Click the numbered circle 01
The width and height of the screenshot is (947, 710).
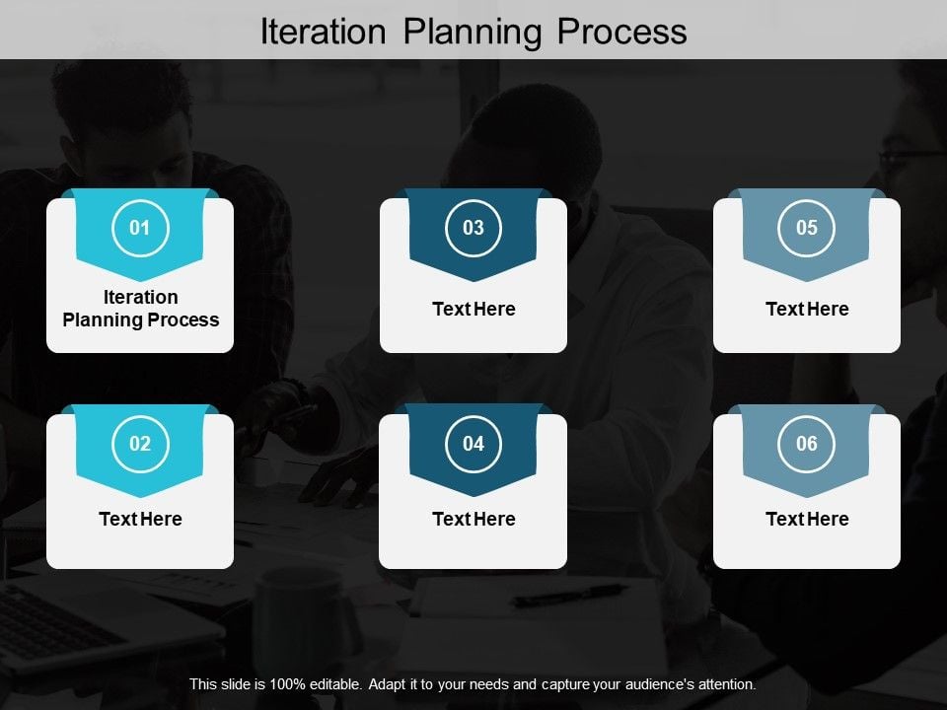(x=140, y=229)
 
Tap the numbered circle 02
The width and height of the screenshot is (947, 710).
(x=140, y=444)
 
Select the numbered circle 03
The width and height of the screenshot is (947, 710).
(x=473, y=229)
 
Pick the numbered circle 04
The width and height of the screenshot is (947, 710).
(x=473, y=444)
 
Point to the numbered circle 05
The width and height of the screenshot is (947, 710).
(x=807, y=229)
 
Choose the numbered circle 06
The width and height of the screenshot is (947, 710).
(x=807, y=444)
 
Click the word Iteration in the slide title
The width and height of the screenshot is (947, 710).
(x=325, y=32)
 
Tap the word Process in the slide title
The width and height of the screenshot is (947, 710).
(x=621, y=32)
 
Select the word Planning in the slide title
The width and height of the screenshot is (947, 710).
(x=474, y=32)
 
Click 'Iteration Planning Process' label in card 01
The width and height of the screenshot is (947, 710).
(x=140, y=309)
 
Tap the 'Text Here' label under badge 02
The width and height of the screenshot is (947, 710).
(x=140, y=519)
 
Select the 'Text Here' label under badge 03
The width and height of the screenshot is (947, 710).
(x=473, y=309)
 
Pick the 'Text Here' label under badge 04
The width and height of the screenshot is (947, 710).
(x=473, y=519)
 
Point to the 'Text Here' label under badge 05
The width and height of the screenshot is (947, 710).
(x=807, y=309)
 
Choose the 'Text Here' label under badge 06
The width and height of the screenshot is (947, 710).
(x=807, y=519)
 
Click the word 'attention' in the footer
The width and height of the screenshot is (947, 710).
(x=725, y=683)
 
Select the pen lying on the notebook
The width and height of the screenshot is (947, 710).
(x=569, y=595)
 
